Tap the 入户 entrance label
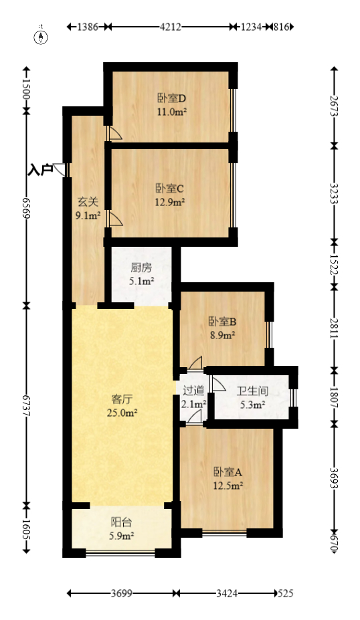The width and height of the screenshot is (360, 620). [x=40, y=170]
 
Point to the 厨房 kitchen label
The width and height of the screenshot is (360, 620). [x=141, y=268]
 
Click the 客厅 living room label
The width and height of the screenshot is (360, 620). [x=122, y=400]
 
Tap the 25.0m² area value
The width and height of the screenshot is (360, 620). [x=122, y=413]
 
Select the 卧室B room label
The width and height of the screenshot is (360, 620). [x=222, y=322]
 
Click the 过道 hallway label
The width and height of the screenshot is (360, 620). [x=193, y=391]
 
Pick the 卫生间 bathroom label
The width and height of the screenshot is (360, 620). [x=251, y=391]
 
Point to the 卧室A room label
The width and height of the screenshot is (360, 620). [x=228, y=472]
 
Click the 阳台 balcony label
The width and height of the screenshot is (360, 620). [x=122, y=523]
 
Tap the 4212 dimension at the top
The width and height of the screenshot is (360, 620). [x=171, y=27]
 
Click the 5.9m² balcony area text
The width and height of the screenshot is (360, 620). [x=122, y=536]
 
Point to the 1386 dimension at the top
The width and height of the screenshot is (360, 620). [x=88, y=27]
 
